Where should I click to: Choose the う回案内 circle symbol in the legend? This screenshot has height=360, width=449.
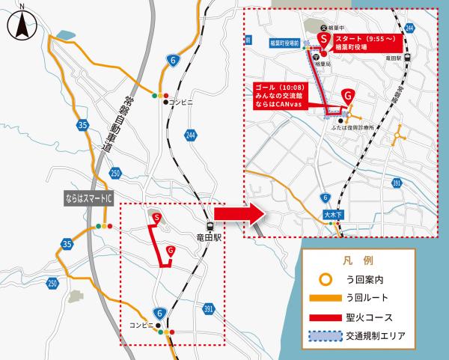tap(328, 280)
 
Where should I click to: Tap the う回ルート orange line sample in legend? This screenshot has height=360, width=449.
tap(328, 299)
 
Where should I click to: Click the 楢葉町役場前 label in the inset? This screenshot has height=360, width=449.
tap(284, 44)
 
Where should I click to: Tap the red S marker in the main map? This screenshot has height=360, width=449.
tap(158, 217)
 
